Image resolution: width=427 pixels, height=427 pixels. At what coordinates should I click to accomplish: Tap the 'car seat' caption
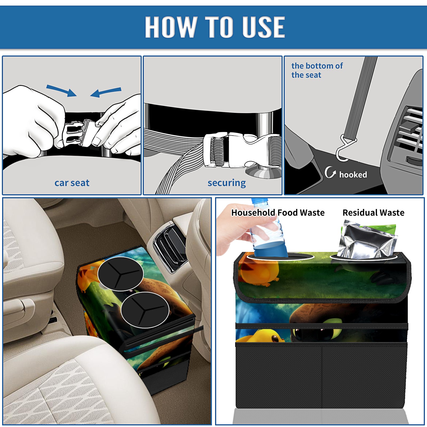click(x=72, y=183)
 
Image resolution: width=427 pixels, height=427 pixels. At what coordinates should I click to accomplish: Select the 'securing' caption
click(x=227, y=183)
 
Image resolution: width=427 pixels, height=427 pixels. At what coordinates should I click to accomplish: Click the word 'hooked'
click(x=353, y=175)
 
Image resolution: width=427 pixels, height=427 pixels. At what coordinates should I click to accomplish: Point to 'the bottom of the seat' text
click(x=317, y=70)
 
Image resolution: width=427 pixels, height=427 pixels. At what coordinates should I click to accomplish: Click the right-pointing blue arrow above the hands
click(x=62, y=90)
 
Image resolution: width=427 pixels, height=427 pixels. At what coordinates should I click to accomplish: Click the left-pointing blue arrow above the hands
click(x=106, y=92)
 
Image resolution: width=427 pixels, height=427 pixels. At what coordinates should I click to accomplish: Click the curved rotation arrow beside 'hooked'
click(x=330, y=172)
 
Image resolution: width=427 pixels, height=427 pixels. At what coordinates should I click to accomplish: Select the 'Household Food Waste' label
click(x=278, y=212)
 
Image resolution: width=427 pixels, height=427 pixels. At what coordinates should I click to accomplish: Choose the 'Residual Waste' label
click(x=373, y=212)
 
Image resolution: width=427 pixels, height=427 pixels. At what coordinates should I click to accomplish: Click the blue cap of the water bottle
click(x=259, y=200)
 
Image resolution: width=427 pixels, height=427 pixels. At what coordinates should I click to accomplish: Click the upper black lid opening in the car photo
click(x=120, y=274)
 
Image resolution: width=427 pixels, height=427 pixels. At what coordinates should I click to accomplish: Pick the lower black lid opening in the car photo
click(x=145, y=310)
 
